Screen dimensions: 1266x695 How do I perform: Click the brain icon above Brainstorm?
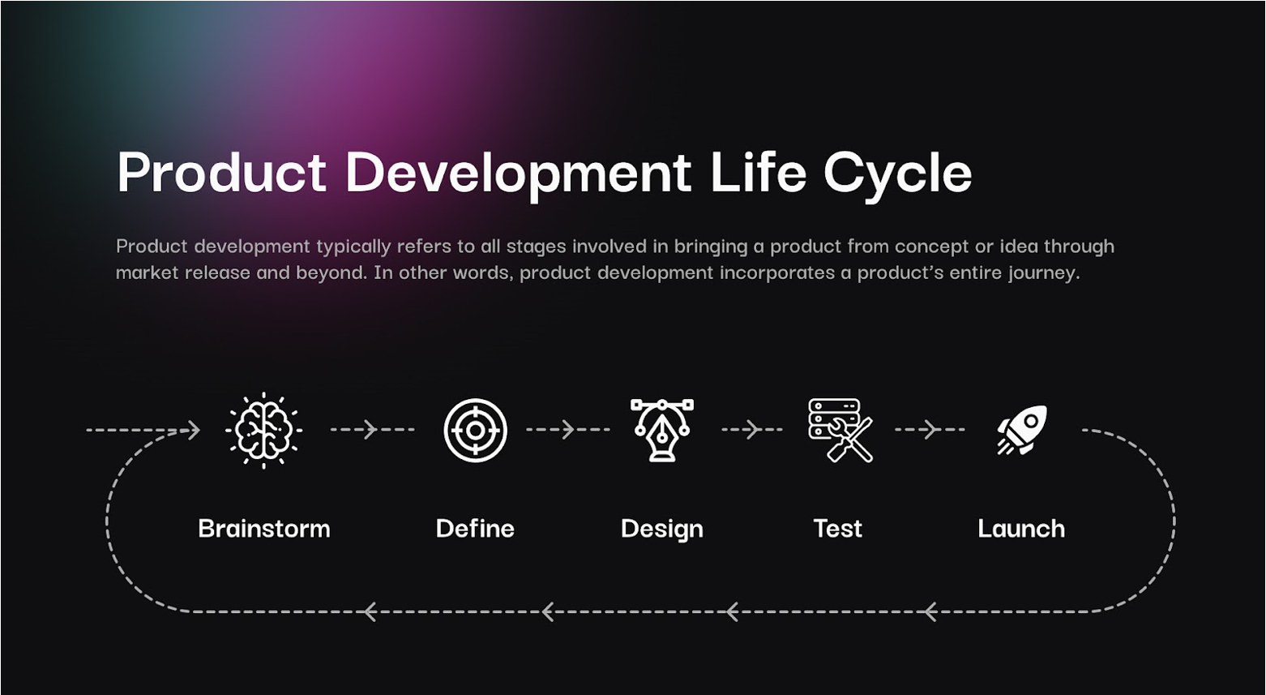[x=263, y=431]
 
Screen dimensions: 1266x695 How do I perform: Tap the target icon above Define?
[x=475, y=431]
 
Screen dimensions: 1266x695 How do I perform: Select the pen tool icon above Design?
[x=662, y=431]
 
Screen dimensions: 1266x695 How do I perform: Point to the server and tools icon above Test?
[x=840, y=431]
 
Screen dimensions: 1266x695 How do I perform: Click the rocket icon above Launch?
[x=1022, y=430]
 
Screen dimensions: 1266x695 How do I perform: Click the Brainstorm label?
[x=264, y=529]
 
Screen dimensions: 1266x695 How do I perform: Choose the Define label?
[x=475, y=529]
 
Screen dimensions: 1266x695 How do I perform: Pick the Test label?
[x=837, y=529]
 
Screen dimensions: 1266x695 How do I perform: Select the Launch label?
[x=1021, y=529]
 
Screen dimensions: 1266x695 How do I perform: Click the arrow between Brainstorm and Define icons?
[x=373, y=430]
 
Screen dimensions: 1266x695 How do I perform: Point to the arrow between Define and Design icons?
[x=568, y=430]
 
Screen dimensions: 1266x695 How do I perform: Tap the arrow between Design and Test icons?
[x=752, y=430]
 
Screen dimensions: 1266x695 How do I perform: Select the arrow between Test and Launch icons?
[x=930, y=430]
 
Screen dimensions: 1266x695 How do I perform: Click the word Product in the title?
[x=221, y=172]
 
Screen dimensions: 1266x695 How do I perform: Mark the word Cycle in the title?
[x=897, y=175]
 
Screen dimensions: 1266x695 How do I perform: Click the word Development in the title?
[x=518, y=175]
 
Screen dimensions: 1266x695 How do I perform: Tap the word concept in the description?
[x=932, y=247]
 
